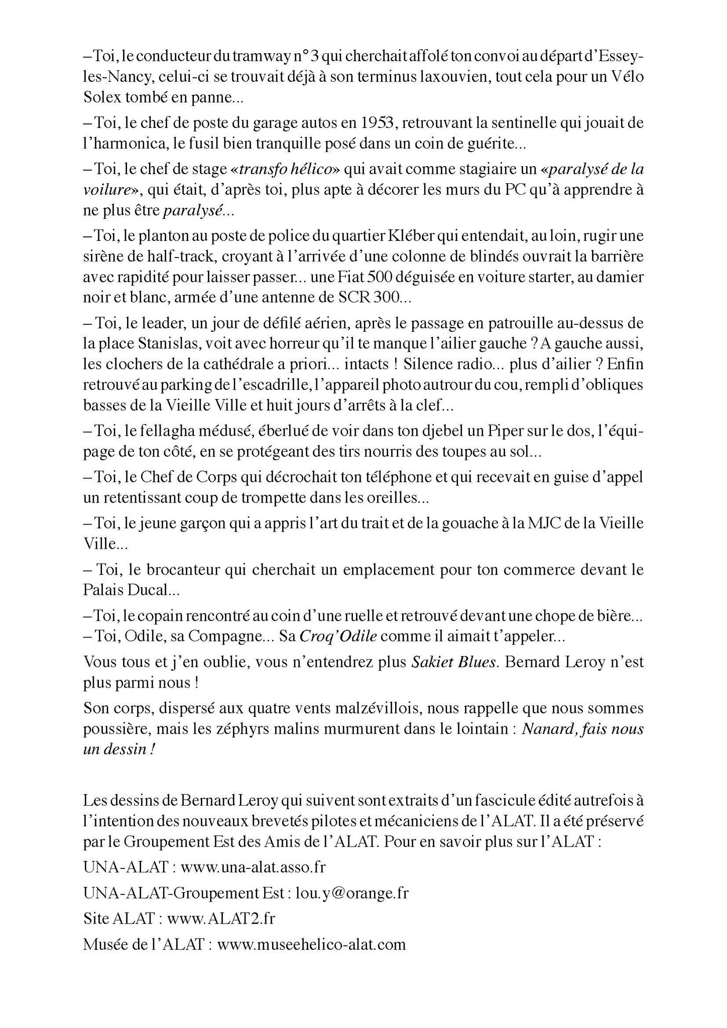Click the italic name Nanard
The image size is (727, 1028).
[x=546, y=729]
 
